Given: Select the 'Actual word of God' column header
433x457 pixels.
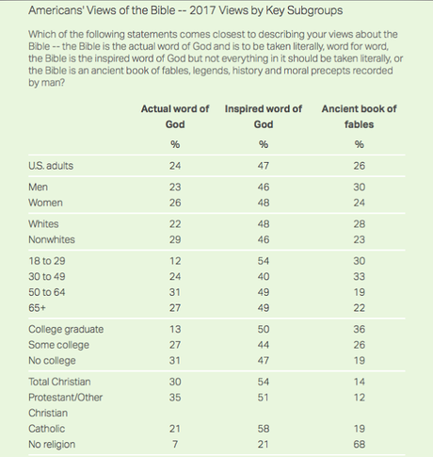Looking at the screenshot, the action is pyautogui.click(x=175, y=117).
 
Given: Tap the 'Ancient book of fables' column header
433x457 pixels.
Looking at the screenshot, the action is pyautogui.click(x=359, y=117).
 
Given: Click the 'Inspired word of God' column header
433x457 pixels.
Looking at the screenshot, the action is pyautogui.click(x=264, y=117).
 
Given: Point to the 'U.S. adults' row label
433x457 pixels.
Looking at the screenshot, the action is pyautogui.click(x=51, y=166).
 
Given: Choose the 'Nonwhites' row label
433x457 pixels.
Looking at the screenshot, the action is pyautogui.click(x=52, y=239).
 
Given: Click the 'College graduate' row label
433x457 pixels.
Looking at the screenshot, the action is pyautogui.click(x=66, y=329).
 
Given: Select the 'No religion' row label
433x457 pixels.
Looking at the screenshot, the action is pyautogui.click(x=52, y=444).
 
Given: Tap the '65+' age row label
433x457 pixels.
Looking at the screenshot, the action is pyautogui.click(x=37, y=308).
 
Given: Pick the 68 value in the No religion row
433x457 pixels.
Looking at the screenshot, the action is pyautogui.click(x=360, y=444).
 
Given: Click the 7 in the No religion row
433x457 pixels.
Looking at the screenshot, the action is pyautogui.click(x=175, y=444).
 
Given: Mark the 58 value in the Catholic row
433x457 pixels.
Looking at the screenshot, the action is pyautogui.click(x=264, y=429).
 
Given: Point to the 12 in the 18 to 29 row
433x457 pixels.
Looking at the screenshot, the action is pyautogui.click(x=175, y=261).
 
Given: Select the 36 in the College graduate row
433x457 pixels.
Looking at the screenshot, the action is pyautogui.click(x=360, y=329).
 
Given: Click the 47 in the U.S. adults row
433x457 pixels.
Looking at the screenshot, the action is pyautogui.click(x=264, y=166).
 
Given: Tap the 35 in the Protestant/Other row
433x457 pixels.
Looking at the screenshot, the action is pyautogui.click(x=175, y=398).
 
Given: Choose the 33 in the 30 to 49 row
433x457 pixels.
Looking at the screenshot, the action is pyautogui.click(x=360, y=276).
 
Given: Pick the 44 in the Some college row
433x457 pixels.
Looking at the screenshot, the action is pyautogui.click(x=264, y=345).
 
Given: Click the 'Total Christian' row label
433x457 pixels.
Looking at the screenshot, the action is pyautogui.click(x=59, y=382).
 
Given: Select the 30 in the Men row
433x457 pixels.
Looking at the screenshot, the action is pyautogui.click(x=360, y=188).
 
